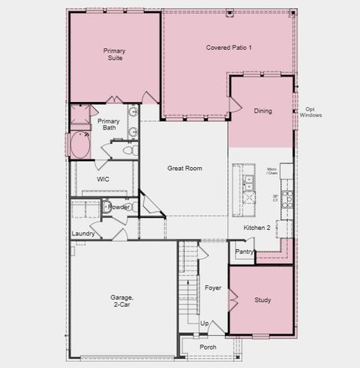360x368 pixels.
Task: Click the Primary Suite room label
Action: (x=114, y=55)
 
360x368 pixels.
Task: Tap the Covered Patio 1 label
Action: (x=229, y=48)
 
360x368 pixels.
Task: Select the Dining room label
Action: (x=263, y=111)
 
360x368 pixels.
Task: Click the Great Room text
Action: (x=184, y=168)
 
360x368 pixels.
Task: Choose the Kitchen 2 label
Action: (x=257, y=228)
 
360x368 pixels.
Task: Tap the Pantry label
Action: (x=244, y=251)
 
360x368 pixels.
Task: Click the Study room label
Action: (x=263, y=300)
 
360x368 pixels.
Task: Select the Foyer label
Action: (x=213, y=287)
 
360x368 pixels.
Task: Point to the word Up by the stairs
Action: (x=204, y=324)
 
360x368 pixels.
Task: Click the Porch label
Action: (x=207, y=347)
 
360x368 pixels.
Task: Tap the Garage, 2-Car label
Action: (x=121, y=301)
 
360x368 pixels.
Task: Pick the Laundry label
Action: (x=83, y=233)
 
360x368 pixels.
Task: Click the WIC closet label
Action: (x=103, y=179)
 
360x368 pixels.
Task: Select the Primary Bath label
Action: (x=108, y=125)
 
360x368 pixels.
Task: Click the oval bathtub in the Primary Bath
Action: (x=80, y=145)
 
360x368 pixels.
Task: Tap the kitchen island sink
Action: (x=248, y=182)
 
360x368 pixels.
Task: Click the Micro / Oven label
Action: (x=272, y=171)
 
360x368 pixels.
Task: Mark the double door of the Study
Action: (x=233, y=300)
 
